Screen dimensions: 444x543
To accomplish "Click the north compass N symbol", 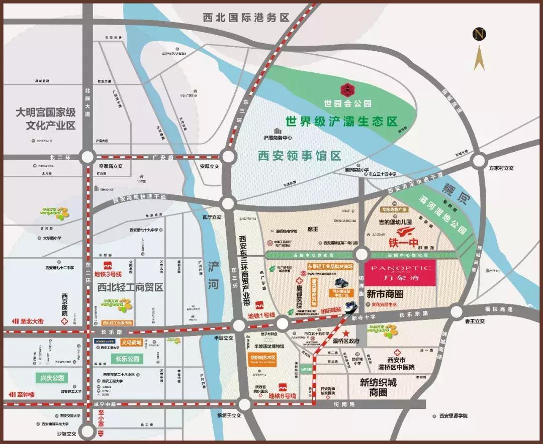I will pos(480,34).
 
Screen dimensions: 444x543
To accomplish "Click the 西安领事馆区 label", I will pos(300,155).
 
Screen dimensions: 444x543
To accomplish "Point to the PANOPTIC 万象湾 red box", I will pos(401,273).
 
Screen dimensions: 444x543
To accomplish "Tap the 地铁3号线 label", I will pos(108,274).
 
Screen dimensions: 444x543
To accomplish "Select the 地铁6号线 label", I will pos(282,396).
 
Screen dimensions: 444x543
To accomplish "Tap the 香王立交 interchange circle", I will pos(457,311).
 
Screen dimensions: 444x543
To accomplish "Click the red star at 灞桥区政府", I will pos(345,334).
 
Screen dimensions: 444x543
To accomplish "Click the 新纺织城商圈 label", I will pos(378,387).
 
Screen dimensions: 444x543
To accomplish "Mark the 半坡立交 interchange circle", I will pos(238,325).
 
